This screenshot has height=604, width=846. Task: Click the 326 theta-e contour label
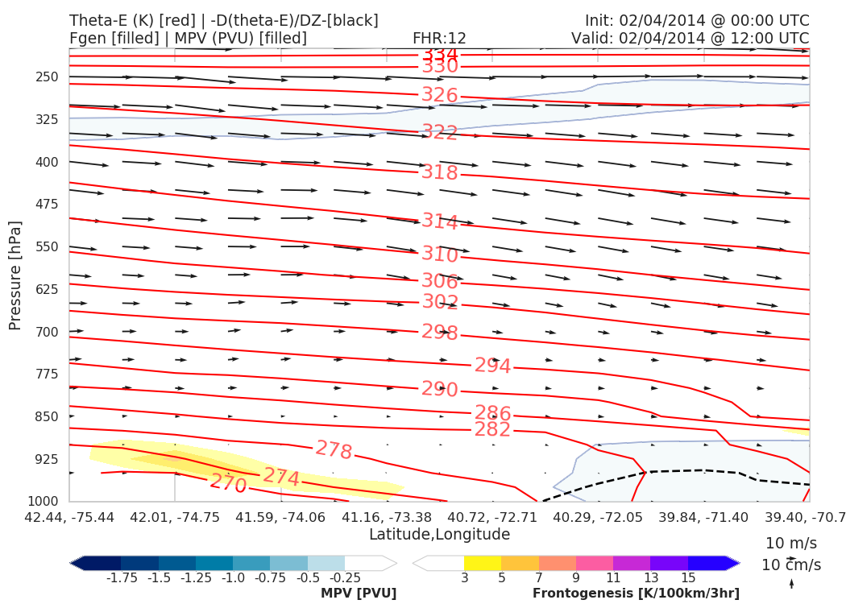coord(439,95)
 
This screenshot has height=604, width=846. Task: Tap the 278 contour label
coord(334,450)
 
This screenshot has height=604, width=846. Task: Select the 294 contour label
coord(492,366)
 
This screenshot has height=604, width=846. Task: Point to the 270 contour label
coord(228,483)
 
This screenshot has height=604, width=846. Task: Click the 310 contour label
coord(439,254)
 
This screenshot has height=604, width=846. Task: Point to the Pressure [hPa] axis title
coord(15,275)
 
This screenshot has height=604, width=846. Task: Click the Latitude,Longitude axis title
coord(439,534)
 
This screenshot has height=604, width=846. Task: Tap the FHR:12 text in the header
coord(439,38)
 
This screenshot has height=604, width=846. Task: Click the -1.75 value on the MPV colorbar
coord(121,577)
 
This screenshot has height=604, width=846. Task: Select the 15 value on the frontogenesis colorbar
coord(688,577)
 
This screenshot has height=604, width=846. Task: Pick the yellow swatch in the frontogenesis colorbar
coord(483,563)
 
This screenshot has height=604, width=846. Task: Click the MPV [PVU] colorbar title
coord(359,594)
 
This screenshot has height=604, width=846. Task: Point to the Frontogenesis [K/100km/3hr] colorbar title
coord(636,594)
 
